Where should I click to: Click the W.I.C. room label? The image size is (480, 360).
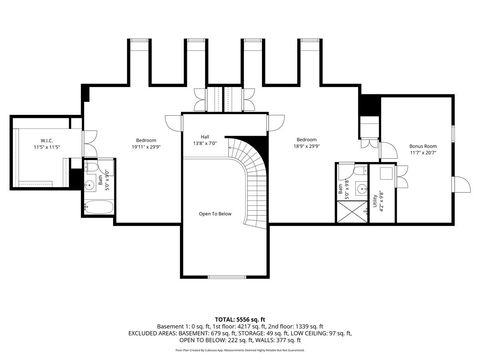pos(47,140)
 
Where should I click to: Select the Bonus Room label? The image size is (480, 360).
pos(423,147)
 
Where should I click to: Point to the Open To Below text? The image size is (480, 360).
pos(216,214)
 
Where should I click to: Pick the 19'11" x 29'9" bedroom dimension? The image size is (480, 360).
pos(146,147)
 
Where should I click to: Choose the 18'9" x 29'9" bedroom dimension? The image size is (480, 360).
pos(306,147)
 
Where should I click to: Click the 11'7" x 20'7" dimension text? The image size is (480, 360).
pos(423,154)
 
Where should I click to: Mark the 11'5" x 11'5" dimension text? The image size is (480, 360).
pos(47,147)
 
